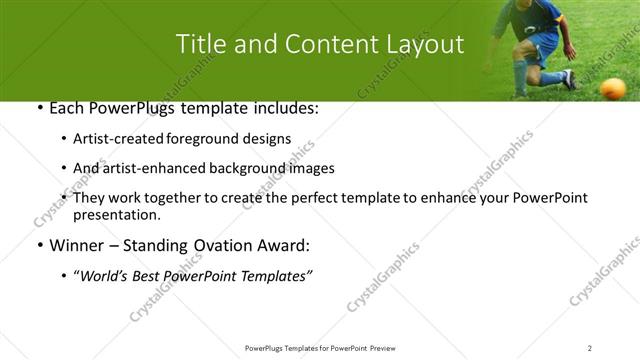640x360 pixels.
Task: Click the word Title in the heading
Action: pyautogui.click(x=197, y=45)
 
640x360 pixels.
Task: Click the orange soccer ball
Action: pyautogui.click(x=612, y=88)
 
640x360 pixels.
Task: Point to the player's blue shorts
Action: pyautogui.click(x=545, y=46)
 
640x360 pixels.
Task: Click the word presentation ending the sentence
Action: pyautogui.click(x=116, y=214)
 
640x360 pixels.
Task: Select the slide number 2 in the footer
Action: pyautogui.click(x=590, y=348)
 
